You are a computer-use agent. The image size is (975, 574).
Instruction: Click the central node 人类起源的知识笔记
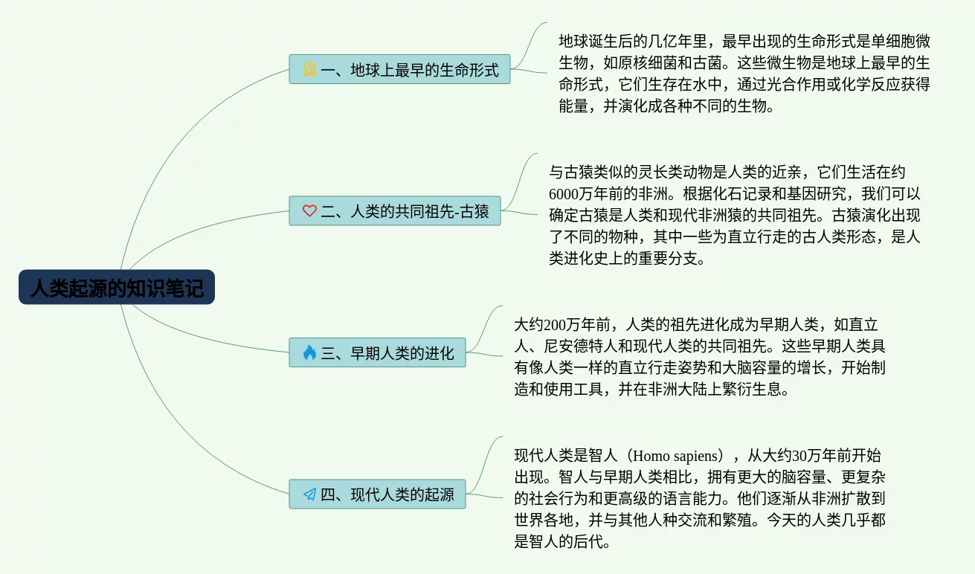click(117, 287)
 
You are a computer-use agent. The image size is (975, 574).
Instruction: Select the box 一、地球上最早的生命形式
click(399, 69)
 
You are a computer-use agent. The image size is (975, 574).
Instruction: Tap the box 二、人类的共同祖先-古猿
click(395, 211)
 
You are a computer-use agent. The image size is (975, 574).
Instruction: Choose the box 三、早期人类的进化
click(377, 352)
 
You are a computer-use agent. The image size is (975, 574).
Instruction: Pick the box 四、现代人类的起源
click(377, 494)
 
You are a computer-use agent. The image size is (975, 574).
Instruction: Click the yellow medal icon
click(309, 69)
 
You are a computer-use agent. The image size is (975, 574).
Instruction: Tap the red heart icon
click(309, 211)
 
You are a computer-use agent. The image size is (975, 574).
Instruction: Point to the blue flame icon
click(309, 352)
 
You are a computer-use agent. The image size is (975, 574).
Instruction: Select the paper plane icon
click(309, 494)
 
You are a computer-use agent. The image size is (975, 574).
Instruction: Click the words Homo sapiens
click(675, 456)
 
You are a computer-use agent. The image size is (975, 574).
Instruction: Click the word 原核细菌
click(648, 63)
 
